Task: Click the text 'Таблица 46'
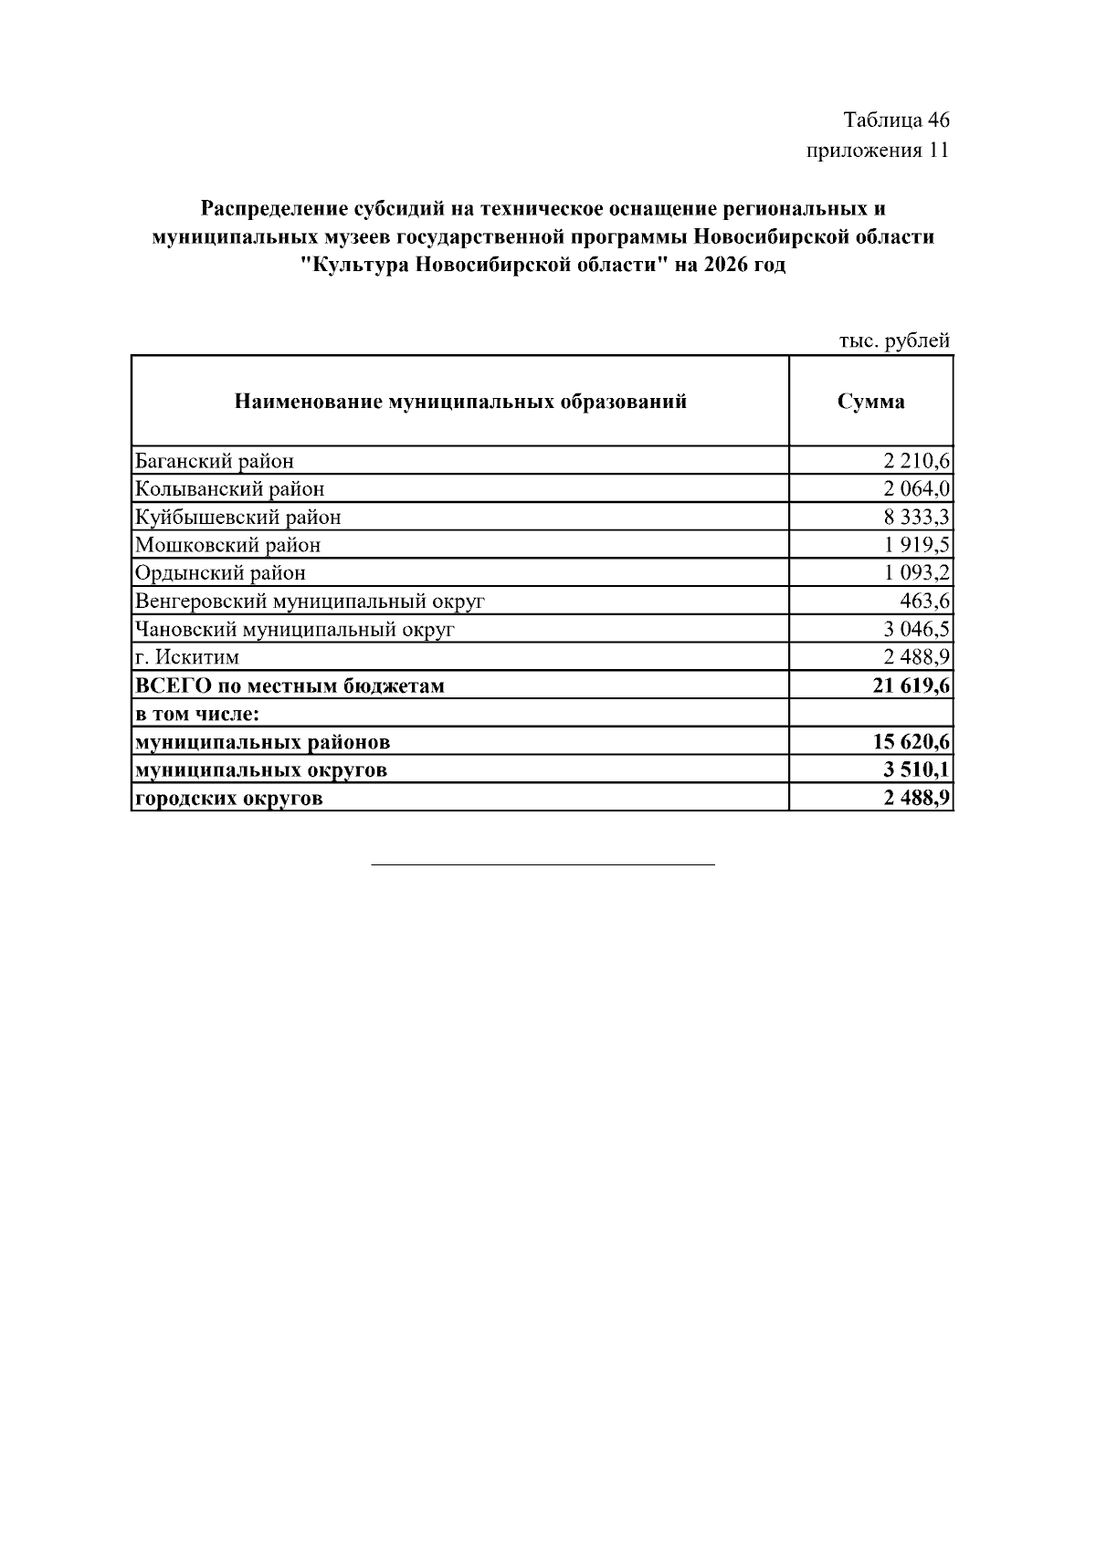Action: pos(896,120)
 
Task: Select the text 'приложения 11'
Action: pos(878,151)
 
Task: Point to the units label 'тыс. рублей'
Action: pos(894,340)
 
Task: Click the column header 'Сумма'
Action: pos(870,402)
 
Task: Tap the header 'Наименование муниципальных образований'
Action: pos(460,402)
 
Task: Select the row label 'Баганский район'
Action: pos(214,461)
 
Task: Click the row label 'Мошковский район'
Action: pos(227,546)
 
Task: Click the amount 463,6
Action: pos(924,602)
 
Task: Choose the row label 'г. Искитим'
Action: pos(187,657)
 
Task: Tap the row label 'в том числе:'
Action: pos(197,714)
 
